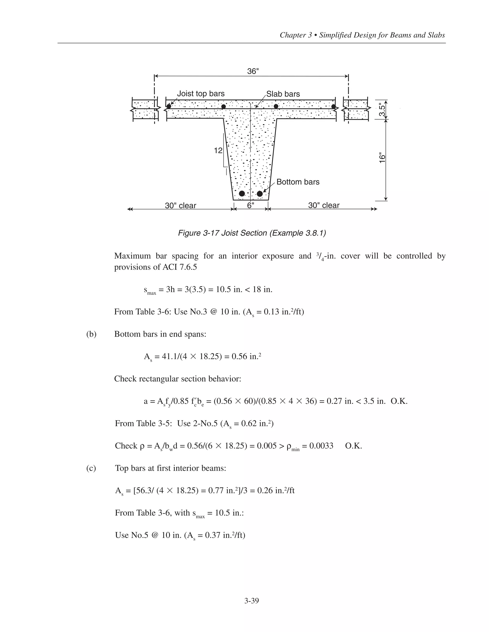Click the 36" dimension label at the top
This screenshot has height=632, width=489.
tap(253, 71)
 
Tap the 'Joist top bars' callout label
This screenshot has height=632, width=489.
tap(201, 93)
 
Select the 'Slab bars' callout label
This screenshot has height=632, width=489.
tap(283, 94)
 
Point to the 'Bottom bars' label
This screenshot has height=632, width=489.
tap(298, 182)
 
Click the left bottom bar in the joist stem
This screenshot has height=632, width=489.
tap(242, 193)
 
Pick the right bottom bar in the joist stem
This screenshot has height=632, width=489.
tap(260, 193)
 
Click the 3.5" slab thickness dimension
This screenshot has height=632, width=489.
tap(383, 110)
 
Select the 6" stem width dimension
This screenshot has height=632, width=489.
tap(250, 205)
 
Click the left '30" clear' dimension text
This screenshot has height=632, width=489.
tap(181, 205)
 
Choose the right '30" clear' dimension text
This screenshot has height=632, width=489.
tap(324, 205)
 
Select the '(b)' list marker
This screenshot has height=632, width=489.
tap(91, 334)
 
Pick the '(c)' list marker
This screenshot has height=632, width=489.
tap(91, 468)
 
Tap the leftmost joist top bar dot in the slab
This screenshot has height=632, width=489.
tap(169, 106)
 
